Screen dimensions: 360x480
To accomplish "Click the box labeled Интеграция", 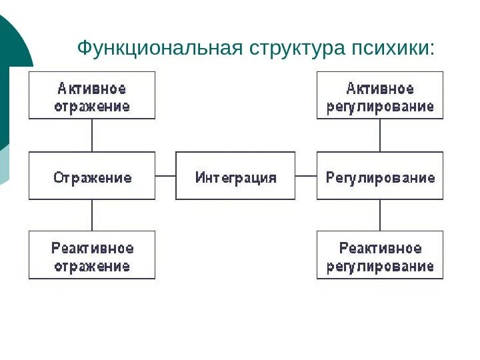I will [x=235, y=176].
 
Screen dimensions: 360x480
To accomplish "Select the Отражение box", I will [x=92, y=176].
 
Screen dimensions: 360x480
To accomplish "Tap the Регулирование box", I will [x=380, y=176].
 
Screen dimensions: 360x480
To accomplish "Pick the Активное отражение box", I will [x=92, y=96].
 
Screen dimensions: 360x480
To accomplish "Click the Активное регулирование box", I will [x=380, y=96].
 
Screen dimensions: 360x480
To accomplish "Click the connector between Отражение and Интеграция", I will [x=165, y=176].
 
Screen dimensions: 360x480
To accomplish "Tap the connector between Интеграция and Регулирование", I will [x=305, y=176].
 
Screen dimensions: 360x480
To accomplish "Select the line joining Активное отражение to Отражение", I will [x=92, y=135].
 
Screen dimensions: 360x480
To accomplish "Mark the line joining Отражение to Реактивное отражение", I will [x=92, y=215].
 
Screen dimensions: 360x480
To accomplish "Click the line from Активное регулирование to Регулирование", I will [x=380, y=135].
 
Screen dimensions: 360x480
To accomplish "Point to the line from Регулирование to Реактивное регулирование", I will [x=380, y=215].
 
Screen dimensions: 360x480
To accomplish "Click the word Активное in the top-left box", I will [x=92, y=89].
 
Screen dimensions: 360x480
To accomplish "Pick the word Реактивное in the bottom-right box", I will [x=380, y=248].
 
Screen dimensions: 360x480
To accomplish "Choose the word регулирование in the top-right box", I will [x=380, y=106].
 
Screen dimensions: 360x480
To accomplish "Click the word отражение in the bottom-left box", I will [x=92, y=265].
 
